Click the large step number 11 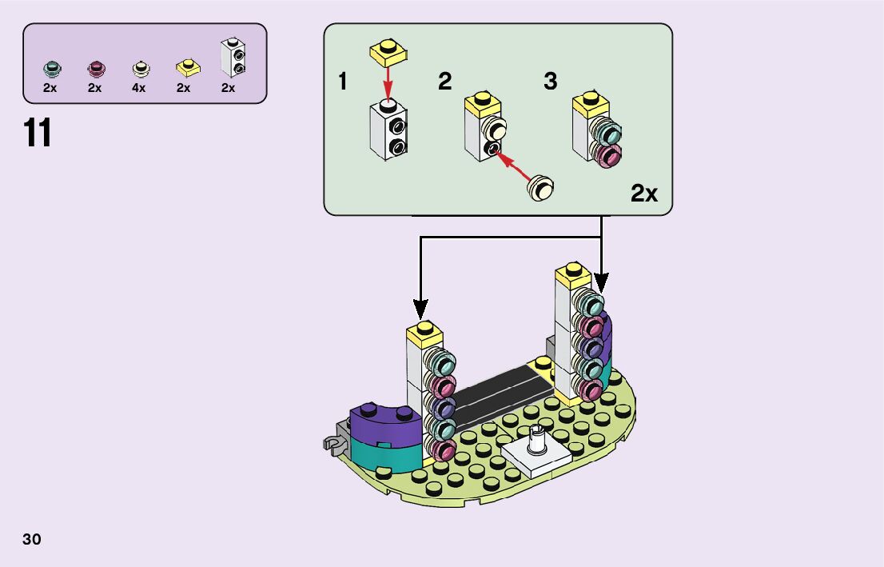click(x=38, y=133)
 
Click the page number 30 click(x=32, y=539)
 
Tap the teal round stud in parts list click(x=50, y=69)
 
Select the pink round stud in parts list click(x=94, y=69)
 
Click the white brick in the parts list click(x=233, y=57)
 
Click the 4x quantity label click(x=139, y=89)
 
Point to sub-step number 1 click(x=343, y=82)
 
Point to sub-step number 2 click(x=445, y=82)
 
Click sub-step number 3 click(x=550, y=82)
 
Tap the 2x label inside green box click(x=643, y=193)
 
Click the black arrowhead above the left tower click(x=420, y=308)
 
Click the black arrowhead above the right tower click(x=601, y=283)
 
